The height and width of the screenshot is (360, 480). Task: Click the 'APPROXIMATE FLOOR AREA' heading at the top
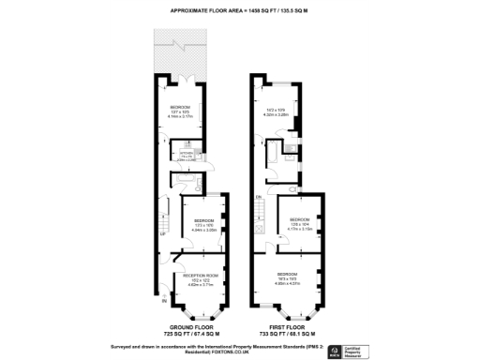coord(240,11)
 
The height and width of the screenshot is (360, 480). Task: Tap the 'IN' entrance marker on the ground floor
coord(165,301)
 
